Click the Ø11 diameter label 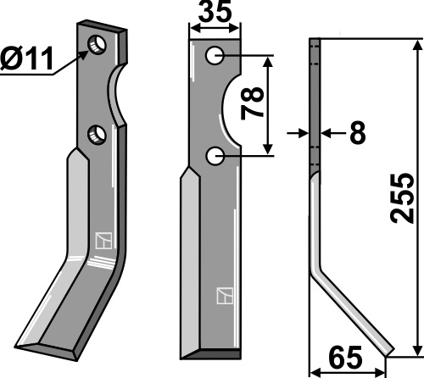(27, 58)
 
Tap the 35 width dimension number (215, 12)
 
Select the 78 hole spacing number (252, 103)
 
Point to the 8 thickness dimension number (358, 132)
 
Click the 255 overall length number (402, 198)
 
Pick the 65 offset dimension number (345, 357)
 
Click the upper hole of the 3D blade (98, 45)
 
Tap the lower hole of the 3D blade (97, 135)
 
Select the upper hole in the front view (215, 56)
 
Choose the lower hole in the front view (215, 156)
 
